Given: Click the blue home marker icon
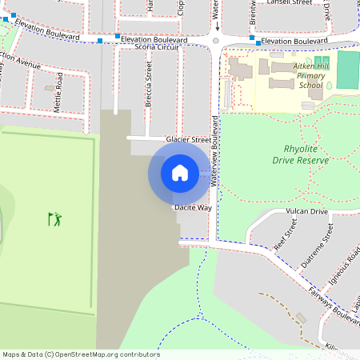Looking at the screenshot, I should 180,172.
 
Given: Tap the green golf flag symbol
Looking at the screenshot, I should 54,218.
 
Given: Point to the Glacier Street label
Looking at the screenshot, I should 188,139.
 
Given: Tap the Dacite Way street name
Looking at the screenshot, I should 193,207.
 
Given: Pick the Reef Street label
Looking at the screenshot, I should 281,238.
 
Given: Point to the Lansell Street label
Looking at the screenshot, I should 290,3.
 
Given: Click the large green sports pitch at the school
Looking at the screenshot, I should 348,70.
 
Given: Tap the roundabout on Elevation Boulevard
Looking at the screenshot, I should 216,39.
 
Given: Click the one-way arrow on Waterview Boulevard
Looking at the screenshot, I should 216,15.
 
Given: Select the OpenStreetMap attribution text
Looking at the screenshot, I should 81,354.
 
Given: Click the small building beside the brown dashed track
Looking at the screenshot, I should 301,318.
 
